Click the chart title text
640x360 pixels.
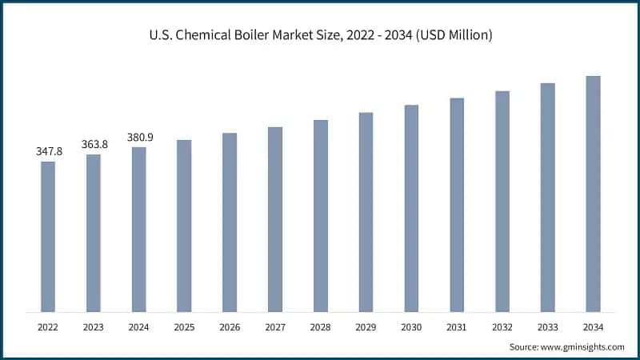point(320,34)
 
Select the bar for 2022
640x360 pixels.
point(48,236)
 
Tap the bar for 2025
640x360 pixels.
point(184,226)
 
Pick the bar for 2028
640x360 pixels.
point(320,215)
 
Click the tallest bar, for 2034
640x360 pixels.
point(593,194)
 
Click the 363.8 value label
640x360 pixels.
point(94,144)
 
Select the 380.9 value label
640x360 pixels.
point(139,137)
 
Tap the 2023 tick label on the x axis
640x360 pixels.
point(94,327)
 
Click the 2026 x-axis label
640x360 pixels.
point(230,327)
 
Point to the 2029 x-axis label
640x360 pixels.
point(366,327)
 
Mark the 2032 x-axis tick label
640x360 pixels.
point(502,327)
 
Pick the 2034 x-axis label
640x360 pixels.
point(593,327)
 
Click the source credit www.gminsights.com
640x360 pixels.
point(567,346)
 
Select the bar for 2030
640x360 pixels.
point(411,208)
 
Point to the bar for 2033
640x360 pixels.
point(547,197)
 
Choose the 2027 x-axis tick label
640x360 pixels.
point(275,327)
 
